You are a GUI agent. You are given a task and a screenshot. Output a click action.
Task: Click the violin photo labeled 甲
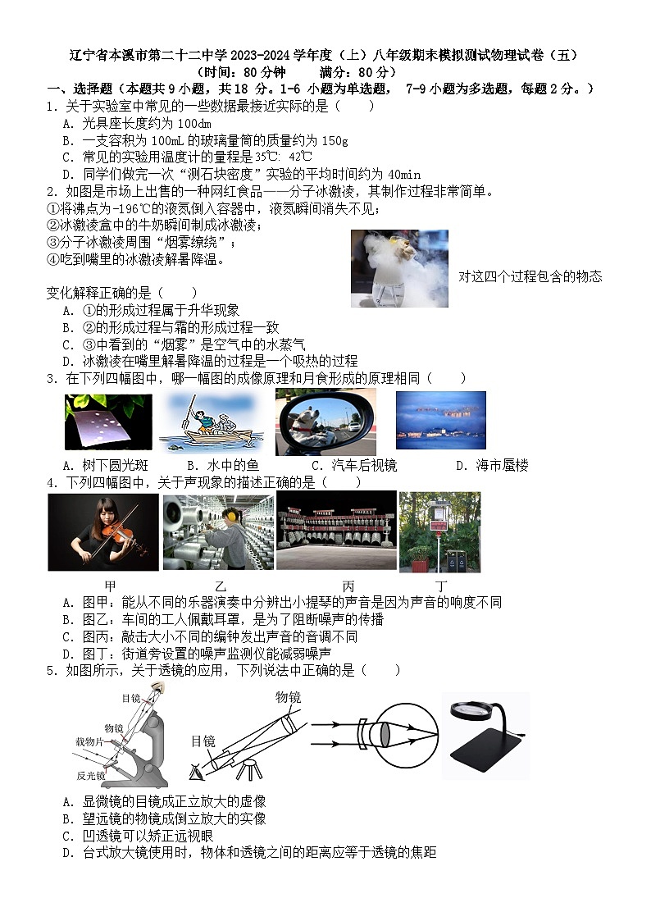tap(102, 531)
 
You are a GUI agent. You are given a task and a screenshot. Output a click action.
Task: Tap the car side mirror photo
tap(325, 422)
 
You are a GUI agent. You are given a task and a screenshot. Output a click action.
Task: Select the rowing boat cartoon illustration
tap(211, 422)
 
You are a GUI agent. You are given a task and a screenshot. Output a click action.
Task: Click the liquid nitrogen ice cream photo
tap(398, 267)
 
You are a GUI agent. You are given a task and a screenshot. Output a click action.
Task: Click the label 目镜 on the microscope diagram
tap(131, 698)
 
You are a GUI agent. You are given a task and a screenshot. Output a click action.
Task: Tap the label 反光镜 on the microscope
tap(90, 775)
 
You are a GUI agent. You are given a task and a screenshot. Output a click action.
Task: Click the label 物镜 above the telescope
tap(288, 697)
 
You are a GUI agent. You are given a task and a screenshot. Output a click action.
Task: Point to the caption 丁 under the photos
tap(442, 586)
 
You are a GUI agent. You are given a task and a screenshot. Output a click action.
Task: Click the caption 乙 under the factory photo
tap(221, 586)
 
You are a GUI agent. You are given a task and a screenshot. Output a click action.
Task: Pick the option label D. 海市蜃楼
tap(492, 466)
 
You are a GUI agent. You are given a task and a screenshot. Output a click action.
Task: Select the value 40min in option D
tap(404, 174)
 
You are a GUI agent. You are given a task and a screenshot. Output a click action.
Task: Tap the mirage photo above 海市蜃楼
tap(440, 420)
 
